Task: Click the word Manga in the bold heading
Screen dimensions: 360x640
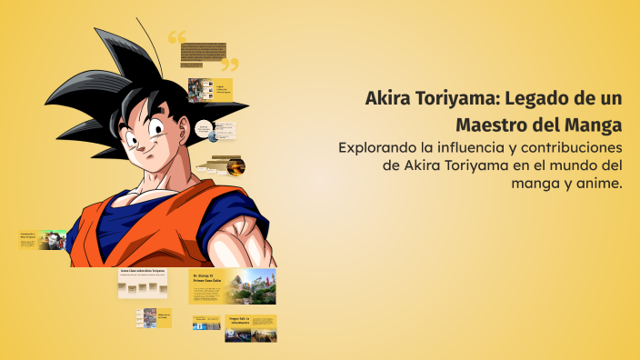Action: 593,123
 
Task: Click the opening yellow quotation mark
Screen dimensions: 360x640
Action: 176,38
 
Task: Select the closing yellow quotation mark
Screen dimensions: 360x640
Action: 230,64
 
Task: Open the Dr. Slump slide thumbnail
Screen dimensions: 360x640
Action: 232,286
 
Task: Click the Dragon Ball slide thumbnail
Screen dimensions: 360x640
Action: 250,327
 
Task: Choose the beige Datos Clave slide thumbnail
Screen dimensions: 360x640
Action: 143,284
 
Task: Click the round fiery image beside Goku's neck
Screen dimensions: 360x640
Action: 235,166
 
